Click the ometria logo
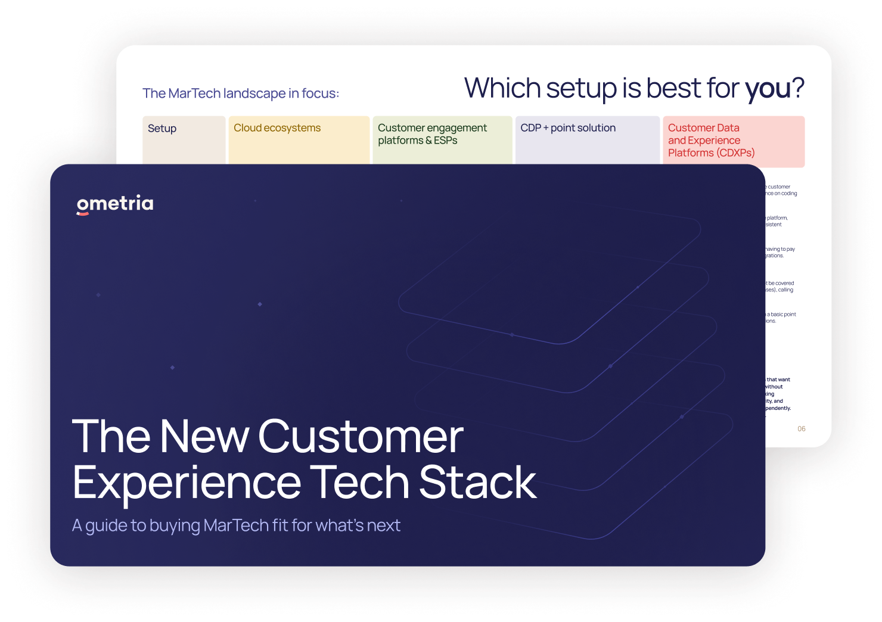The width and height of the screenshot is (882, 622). click(x=115, y=204)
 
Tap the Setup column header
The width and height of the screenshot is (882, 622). click(x=162, y=129)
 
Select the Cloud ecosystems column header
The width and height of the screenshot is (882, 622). click(x=277, y=128)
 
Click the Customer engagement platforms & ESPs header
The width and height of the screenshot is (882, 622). click(x=432, y=134)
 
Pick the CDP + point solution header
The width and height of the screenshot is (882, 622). click(x=568, y=128)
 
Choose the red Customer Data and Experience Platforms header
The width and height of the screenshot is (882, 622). click(x=711, y=141)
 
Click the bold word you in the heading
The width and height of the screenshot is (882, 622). click(x=768, y=89)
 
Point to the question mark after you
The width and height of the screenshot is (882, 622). click(x=798, y=88)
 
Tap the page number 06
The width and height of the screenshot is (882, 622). click(x=802, y=429)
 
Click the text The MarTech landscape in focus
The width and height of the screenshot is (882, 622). click(x=241, y=94)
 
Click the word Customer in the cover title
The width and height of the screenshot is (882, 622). click(x=361, y=436)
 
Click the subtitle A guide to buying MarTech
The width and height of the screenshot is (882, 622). click(x=236, y=525)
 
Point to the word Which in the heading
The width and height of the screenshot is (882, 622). click(x=502, y=88)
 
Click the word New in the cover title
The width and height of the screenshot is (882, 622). click(x=204, y=436)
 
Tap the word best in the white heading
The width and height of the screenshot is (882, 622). click(x=673, y=88)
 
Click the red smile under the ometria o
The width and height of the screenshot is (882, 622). click(x=83, y=213)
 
